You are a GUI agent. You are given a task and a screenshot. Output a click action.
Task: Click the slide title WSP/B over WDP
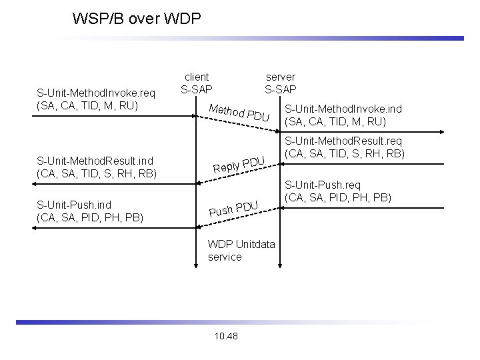pyautogui.click(x=137, y=19)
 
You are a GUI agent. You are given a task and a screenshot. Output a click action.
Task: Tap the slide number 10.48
pyautogui.click(x=226, y=336)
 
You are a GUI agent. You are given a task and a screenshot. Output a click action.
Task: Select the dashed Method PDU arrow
pyautogui.click(x=238, y=124)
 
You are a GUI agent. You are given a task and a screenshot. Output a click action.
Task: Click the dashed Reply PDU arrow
pyautogui.click(x=238, y=174)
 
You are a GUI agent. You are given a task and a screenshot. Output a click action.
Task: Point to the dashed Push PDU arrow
pyautogui.click(x=238, y=217)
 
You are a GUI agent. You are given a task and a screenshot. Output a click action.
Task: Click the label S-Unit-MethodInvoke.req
pyautogui.click(x=96, y=93)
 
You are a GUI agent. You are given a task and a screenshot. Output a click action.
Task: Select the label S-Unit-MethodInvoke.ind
pyautogui.click(x=343, y=109)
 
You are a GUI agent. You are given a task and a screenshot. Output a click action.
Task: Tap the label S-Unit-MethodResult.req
pyautogui.click(x=343, y=141)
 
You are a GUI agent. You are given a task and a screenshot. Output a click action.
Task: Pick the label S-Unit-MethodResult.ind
pyautogui.click(x=95, y=161)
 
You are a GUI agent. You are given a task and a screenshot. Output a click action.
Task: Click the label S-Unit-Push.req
pyautogui.click(x=323, y=185)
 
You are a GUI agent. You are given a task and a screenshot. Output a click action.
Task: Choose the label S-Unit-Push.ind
pyautogui.click(x=74, y=205)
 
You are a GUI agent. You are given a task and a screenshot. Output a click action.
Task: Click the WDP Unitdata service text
pyautogui.click(x=241, y=251)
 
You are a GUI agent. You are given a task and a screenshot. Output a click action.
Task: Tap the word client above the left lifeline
pyautogui.click(x=197, y=77)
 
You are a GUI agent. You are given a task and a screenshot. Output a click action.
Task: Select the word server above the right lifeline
pyautogui.click(x=281, y=77)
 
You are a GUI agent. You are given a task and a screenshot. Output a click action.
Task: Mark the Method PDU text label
pyautogui.click(x=239, y=113)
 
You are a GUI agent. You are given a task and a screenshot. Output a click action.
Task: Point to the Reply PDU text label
pyautogui.click(x=239, y=165)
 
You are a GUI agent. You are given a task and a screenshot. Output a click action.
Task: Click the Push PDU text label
pyautogui.click(x=233, y=209)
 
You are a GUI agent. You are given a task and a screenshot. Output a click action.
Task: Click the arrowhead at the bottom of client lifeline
pyautogui.click(x=196, y=266)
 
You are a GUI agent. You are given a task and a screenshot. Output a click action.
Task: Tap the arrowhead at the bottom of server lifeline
pyautogui.click(x=280, y=266)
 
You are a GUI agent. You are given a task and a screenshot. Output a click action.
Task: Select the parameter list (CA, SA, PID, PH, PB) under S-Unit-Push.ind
pyautogui.click(x=90, y=217)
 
